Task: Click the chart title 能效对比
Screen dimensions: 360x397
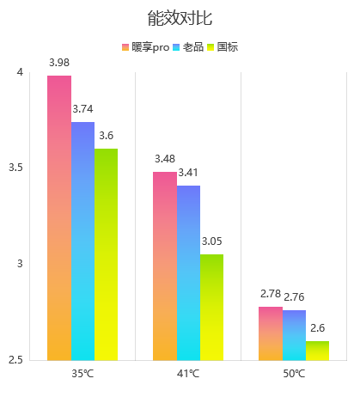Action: [x=180, y=18]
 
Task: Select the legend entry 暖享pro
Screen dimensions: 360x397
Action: [x=146, y=47]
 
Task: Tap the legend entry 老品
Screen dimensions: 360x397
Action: [x=188, y=47]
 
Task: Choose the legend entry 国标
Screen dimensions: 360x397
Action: [x=223, y=47]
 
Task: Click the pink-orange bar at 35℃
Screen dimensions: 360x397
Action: [x=59, y=218]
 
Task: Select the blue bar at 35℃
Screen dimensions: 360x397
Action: [x=82, y=241]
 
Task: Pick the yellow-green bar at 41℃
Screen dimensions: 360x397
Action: [x=211, y=308]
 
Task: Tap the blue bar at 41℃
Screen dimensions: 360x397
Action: [x=188, y=273]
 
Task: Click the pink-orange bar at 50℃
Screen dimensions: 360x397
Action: [x=271, y=333]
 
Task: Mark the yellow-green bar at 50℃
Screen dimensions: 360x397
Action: [x=317, y=351]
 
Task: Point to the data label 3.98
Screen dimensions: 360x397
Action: [x=59, y=63]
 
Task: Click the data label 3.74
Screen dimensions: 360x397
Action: [x=82, y=109]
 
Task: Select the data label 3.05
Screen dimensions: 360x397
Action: [x=212, y=241]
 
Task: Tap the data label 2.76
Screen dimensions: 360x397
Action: [x=294, y=297]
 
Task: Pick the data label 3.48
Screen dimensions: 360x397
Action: [x=165, y=159]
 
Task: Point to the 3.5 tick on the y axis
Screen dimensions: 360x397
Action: [x=15, y=168]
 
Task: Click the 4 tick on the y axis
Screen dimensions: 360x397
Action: [x=20, y=72]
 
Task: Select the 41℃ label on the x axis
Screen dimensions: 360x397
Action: [x=188, y=374]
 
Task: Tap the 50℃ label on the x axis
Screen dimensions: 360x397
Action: [x=294, y=374]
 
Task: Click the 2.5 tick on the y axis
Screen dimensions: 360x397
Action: [x=15, y=359]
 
